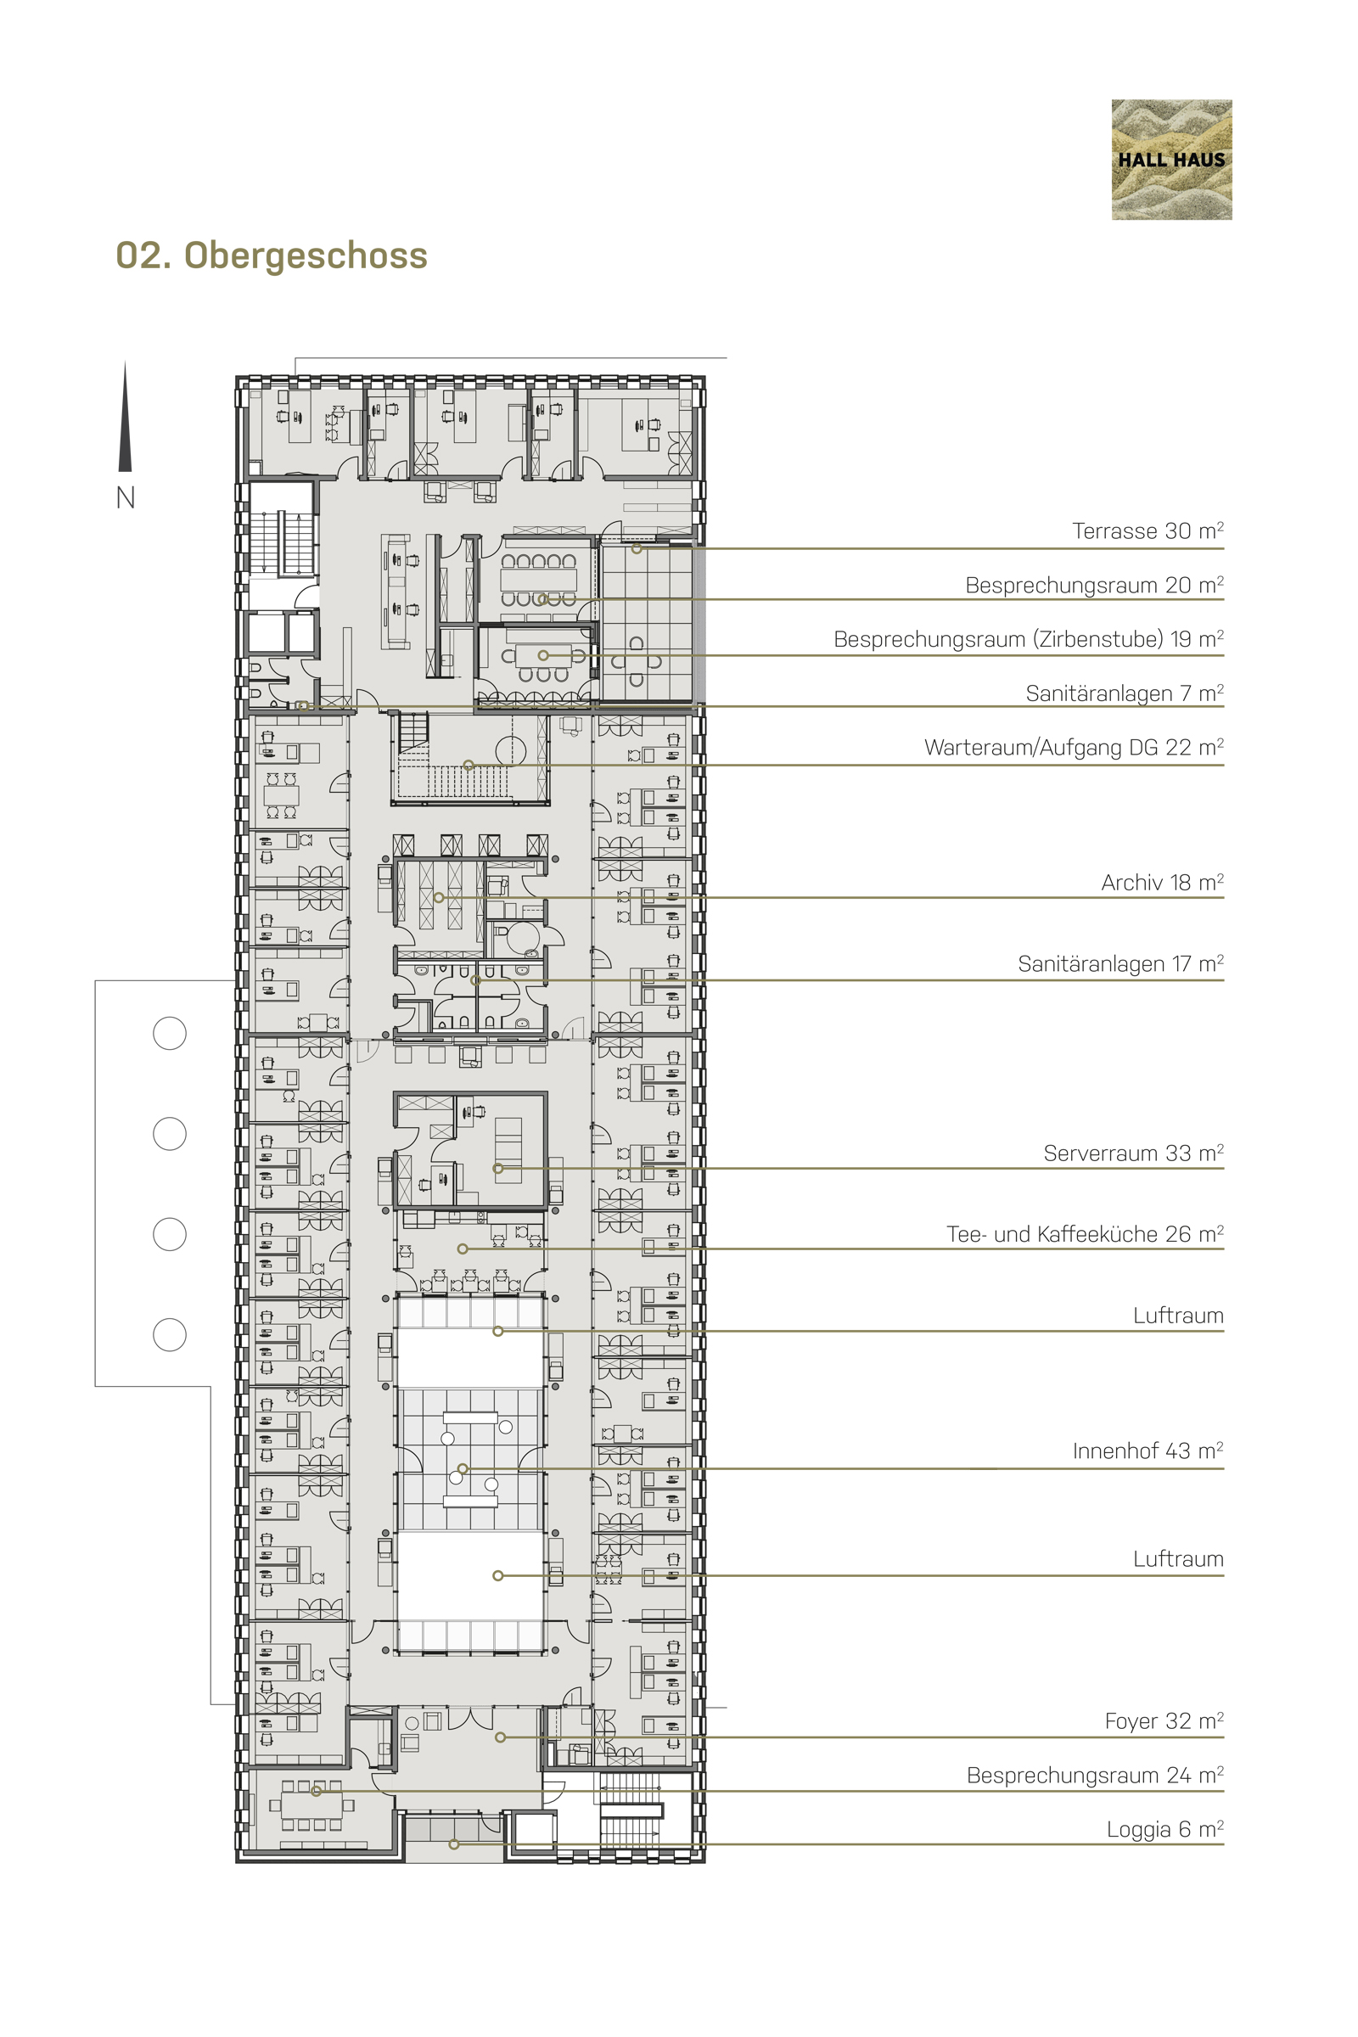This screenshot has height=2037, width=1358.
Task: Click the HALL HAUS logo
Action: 1171,160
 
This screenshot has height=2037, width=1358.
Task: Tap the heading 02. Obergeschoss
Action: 272,255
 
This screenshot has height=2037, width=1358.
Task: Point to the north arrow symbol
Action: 126,417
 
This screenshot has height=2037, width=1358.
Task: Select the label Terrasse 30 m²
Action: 1148,531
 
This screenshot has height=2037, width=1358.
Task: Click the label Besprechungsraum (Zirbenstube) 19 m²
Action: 1029,639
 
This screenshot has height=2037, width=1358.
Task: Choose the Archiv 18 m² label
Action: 1162,883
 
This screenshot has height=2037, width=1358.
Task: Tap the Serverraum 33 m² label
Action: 1134,1153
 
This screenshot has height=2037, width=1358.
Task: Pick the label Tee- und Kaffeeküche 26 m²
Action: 1086,1234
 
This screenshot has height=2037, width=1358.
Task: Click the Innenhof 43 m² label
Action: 1148,1451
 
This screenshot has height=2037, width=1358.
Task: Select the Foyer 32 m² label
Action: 1164,1721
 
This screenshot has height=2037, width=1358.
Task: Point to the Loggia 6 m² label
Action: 1164,1829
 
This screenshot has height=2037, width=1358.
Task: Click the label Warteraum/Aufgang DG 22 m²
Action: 1074,748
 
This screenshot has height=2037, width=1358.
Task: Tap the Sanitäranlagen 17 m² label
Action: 1120,964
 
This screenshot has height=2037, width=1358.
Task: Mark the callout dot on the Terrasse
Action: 637,548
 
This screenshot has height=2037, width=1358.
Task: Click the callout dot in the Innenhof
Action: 463,1469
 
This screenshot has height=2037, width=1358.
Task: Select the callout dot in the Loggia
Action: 454,1844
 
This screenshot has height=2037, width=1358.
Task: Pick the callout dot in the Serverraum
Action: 498,1169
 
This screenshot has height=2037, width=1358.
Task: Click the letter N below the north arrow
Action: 126,498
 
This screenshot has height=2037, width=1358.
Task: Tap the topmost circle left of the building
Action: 170,1033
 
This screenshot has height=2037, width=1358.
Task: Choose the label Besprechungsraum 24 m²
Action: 1095,1776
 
